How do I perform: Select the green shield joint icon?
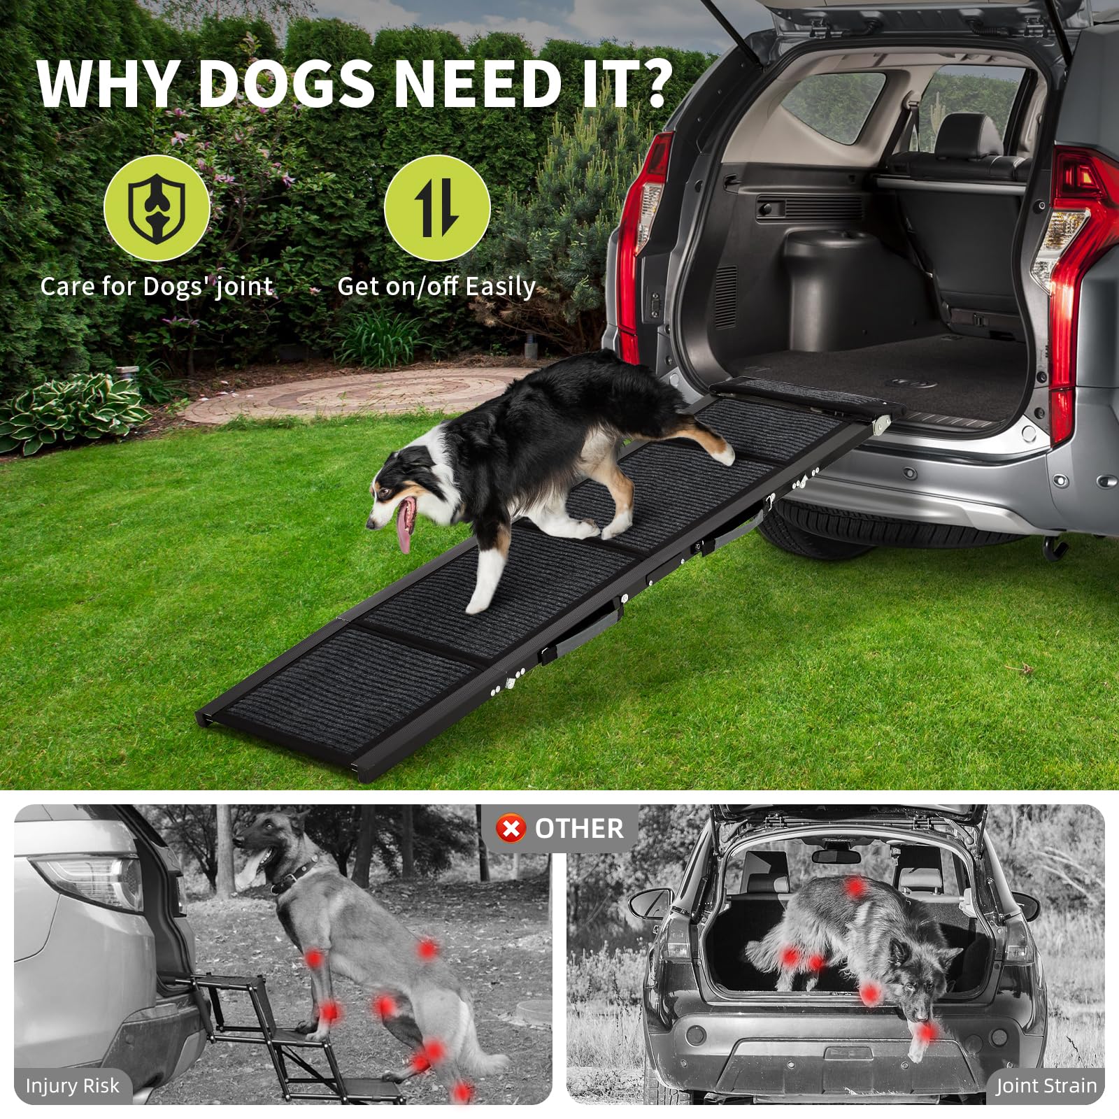[157, 208]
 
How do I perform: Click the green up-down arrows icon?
[437, 208]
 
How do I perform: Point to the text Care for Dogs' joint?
[156, 287]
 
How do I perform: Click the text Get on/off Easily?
[436, 287]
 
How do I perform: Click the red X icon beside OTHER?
[511, 829]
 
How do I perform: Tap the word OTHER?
[578, 829]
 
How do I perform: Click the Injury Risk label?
[72, 1086]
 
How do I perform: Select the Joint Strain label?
[1046, 1086]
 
